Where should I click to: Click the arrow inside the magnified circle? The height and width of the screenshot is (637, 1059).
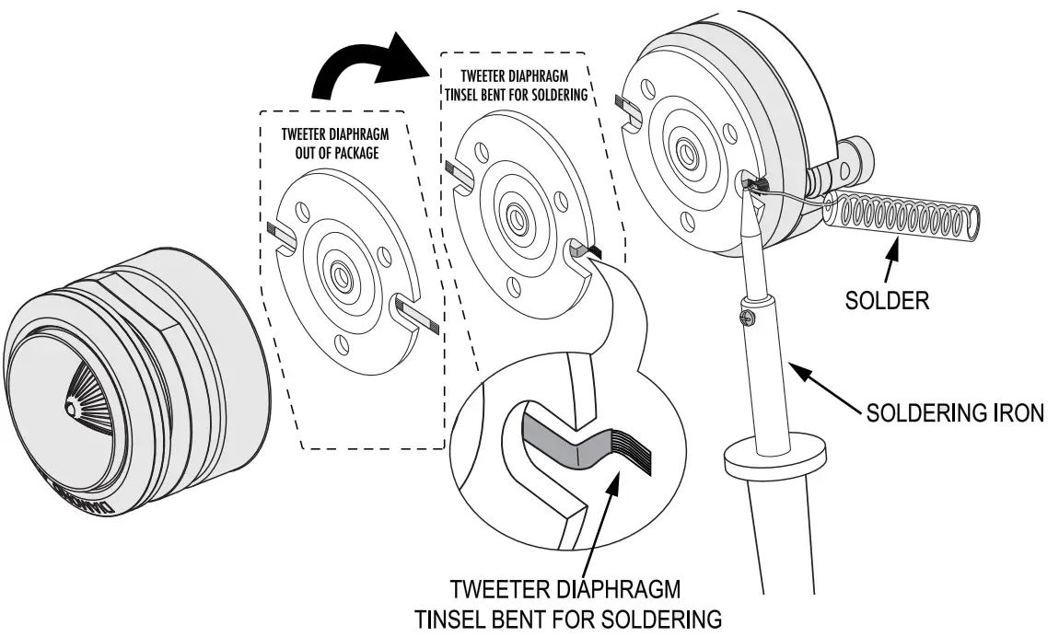599,515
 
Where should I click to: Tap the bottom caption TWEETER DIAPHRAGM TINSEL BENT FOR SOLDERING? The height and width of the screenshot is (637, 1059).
568,603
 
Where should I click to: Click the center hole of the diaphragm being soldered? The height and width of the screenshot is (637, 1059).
685,148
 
